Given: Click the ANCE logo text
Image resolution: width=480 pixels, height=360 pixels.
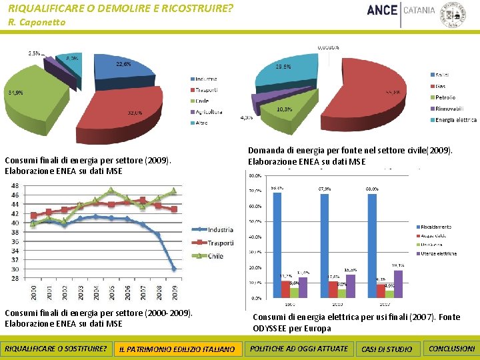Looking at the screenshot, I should pyautogui.click(x=382, y=11).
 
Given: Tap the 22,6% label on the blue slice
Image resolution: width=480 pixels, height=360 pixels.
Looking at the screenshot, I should pyautogui.click(x=123, y=65).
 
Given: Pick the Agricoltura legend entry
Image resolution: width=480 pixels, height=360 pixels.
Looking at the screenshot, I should pyautogui.click(x=209, y=111).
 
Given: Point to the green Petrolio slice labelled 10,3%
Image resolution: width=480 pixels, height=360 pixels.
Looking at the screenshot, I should pyautogui.click(x=285, y=107).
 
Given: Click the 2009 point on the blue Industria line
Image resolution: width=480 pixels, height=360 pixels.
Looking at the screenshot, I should pyautogui.click(x=174, y=269).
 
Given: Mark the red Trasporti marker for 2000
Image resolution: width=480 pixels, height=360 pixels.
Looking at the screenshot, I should pyautogui.click(x=33, y=215).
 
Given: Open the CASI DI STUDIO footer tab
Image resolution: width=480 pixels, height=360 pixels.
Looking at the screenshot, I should pyautogui.click(x=386, y=349).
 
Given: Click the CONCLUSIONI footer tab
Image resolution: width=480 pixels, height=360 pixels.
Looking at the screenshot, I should pyautogui.click(x=452, y=349).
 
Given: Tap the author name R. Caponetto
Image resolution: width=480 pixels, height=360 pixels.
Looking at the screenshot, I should pyautogui.click(x=37, y=23).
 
